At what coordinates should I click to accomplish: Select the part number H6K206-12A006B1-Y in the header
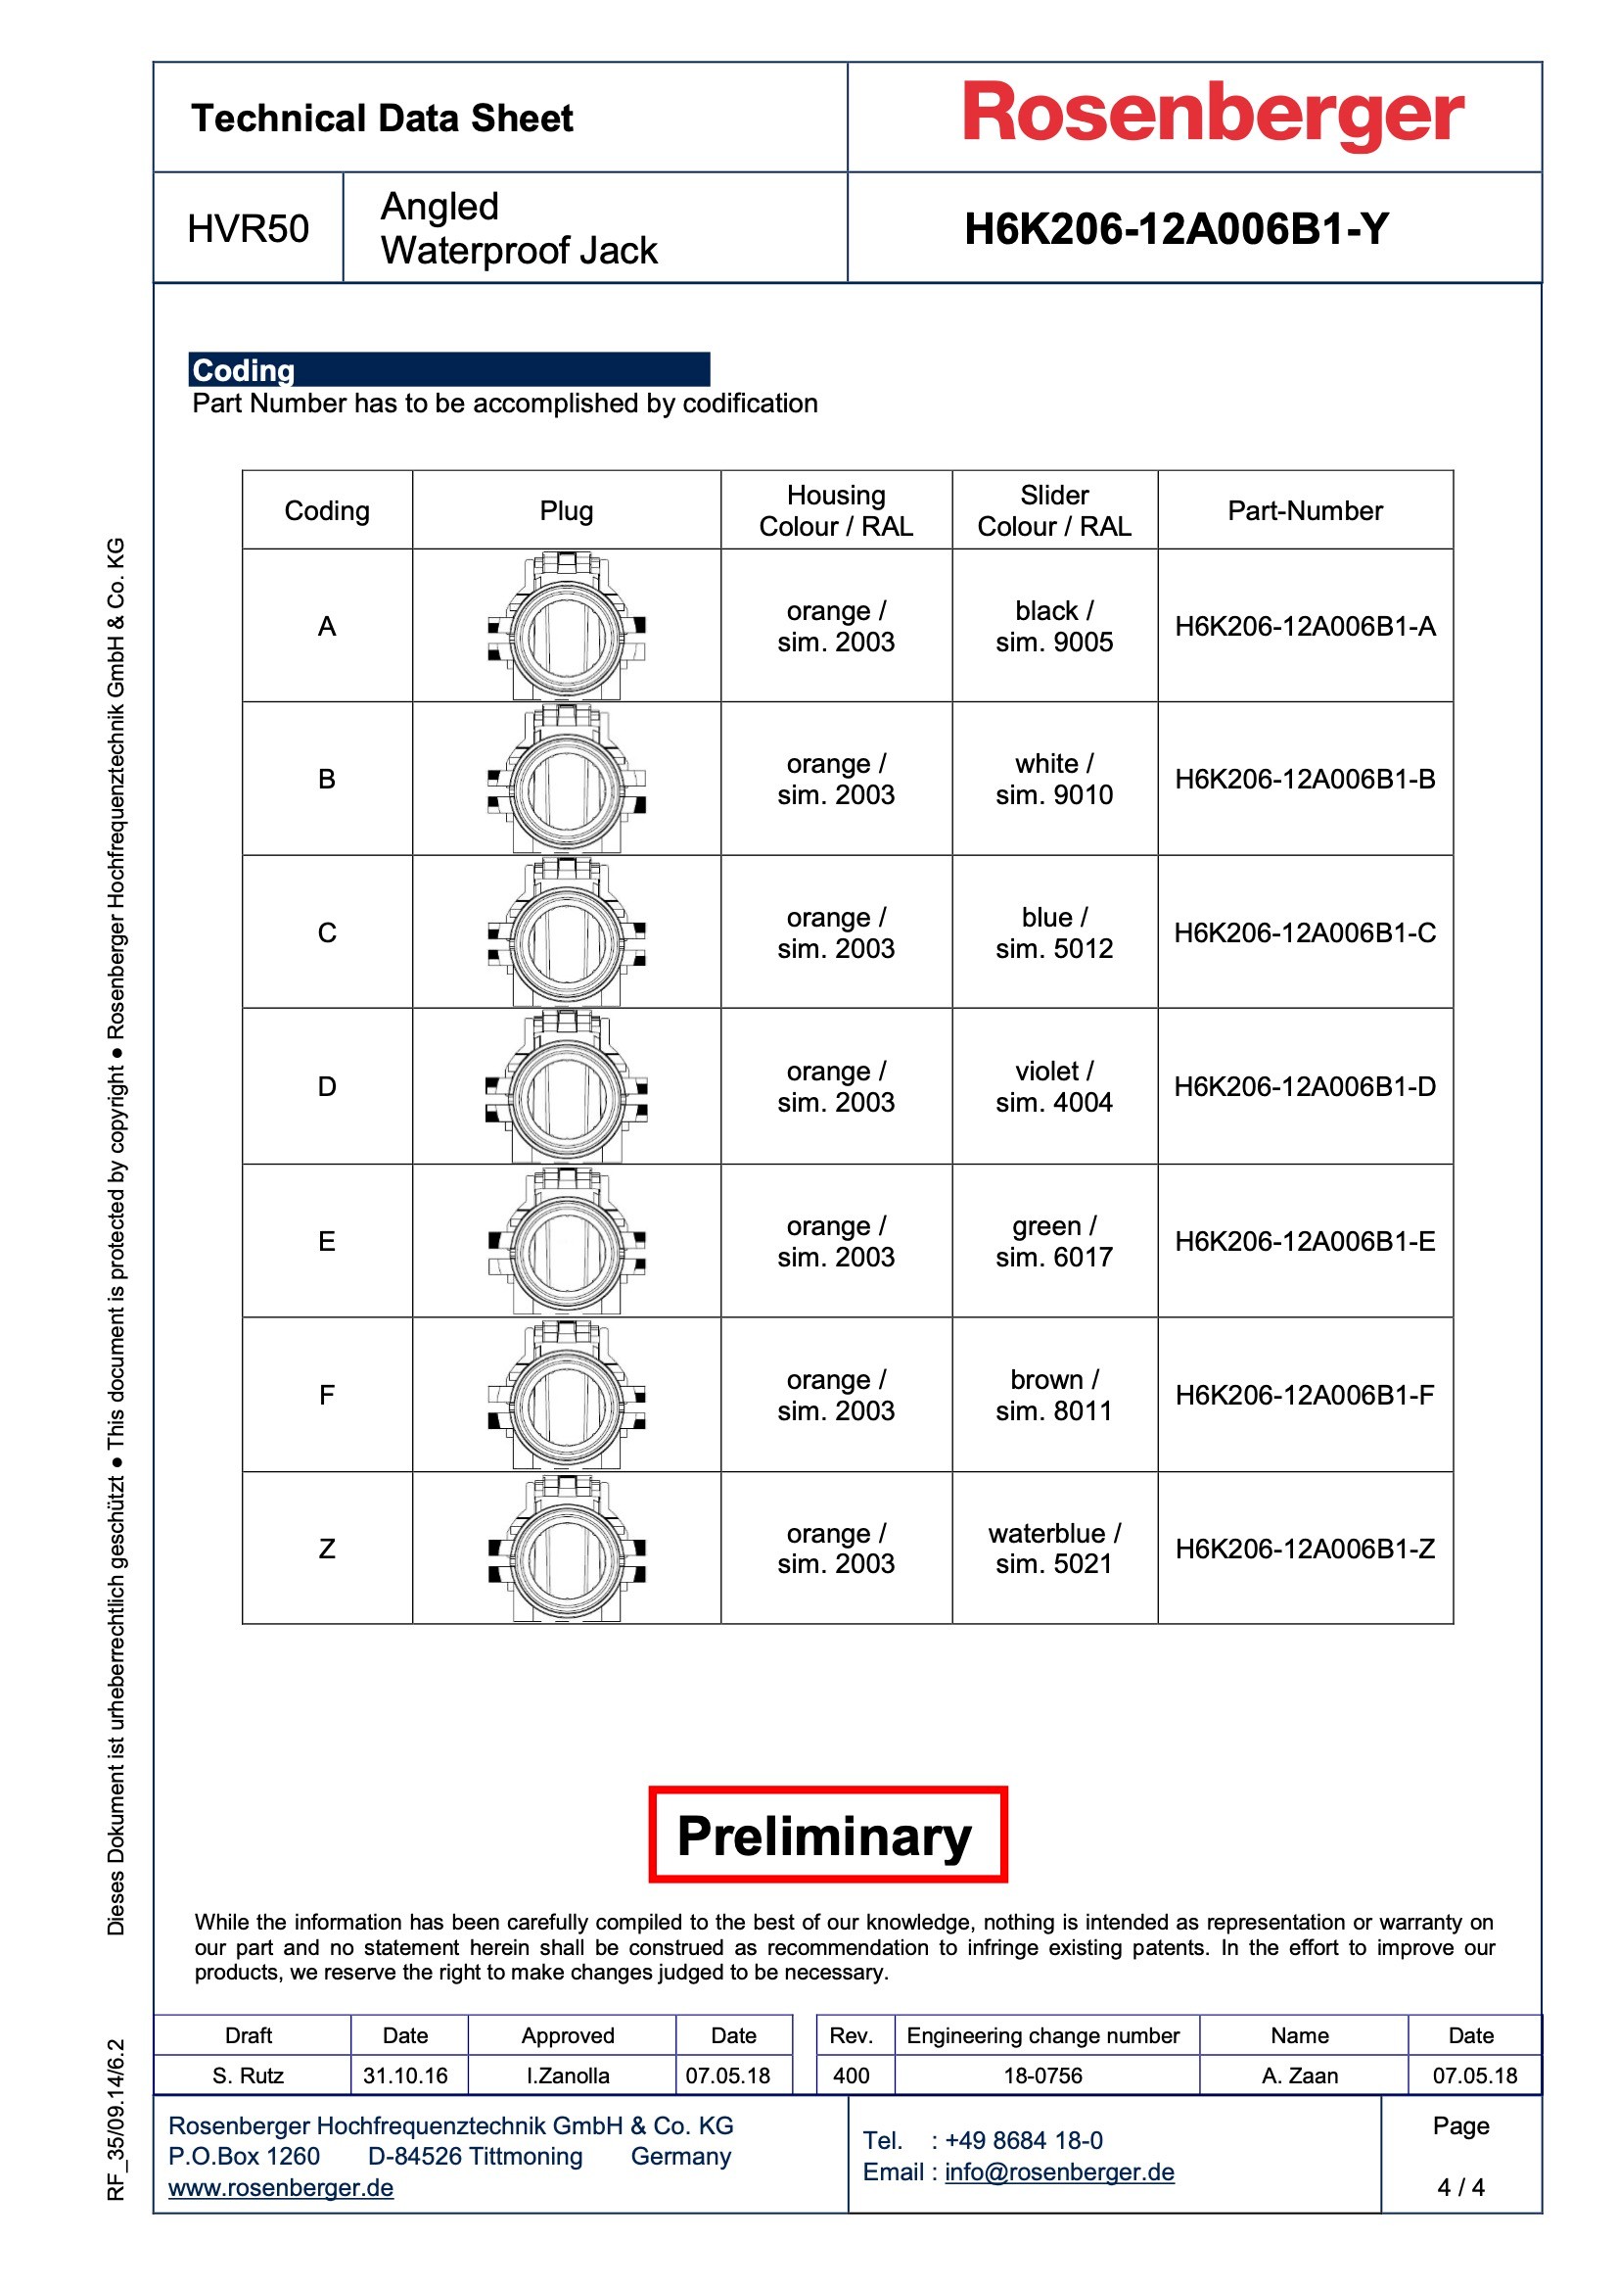[x=1176, y=229]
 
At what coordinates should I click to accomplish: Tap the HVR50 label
[x=249, y=229]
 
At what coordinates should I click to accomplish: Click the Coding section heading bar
[x=448, y=369]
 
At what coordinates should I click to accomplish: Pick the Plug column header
[x=566, y=510]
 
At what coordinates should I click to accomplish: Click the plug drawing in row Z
[x=566, y=1549]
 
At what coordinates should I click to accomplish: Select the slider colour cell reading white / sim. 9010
[x=1054, y=779]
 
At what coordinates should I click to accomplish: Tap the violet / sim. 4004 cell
[x=1054, y=1086]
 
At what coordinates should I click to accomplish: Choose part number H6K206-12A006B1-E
[x=1304, y=1241]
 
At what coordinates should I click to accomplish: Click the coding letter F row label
[x=327, y=1395]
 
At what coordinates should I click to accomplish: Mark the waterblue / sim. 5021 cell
[x=1054, y=1548]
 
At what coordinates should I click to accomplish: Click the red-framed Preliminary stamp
[x=826, y=1836]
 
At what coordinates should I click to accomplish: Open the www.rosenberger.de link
[x=281, y=2187]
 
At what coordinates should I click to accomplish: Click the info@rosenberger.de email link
[x=1059, y=2171]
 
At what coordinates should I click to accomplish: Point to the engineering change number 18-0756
[x=1042, y=2075]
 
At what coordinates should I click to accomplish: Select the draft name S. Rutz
[x=249, y=2075]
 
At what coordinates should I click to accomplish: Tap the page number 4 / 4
[x=1460, y=2187]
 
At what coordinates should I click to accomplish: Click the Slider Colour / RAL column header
[x=1054, y=510]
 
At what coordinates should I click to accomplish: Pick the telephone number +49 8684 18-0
[x=1023, y=2140]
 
